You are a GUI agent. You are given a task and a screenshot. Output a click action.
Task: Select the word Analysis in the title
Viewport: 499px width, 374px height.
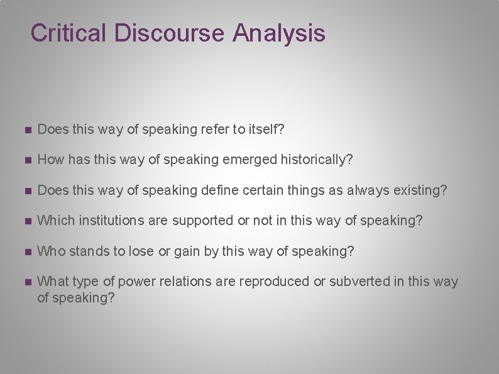[278, 33]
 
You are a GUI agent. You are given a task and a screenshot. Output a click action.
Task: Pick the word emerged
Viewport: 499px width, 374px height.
[246, 160]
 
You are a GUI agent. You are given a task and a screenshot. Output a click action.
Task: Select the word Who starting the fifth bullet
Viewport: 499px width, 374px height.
[52, 251]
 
